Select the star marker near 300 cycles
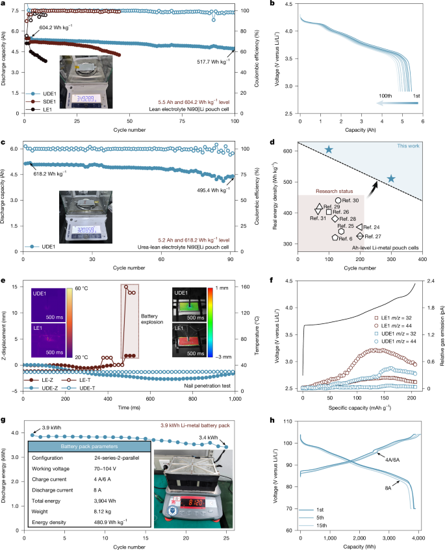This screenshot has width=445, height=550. coord(391,178)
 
